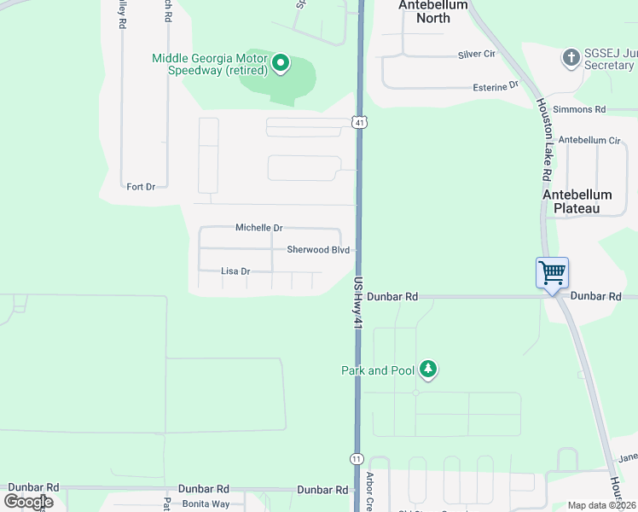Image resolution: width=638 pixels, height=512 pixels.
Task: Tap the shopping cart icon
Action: [552, 274]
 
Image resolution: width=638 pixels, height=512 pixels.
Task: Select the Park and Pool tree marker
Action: [427, 369]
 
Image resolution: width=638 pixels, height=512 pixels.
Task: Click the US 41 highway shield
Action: [361, 123]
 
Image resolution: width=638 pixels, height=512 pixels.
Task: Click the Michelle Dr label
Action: [258, 229]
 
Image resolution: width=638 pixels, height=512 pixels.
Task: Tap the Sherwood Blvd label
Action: [318, 250]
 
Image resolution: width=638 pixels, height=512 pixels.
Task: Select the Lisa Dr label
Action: [235, 271]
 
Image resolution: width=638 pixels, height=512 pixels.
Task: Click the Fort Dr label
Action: [141, 186]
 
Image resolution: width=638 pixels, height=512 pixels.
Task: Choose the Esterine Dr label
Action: [496, 86]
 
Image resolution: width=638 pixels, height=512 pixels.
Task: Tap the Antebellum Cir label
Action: [589, 140]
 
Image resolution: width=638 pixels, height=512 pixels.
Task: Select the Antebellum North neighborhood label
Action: [433, 11]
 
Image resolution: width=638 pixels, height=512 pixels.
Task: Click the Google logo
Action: [28, 502]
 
